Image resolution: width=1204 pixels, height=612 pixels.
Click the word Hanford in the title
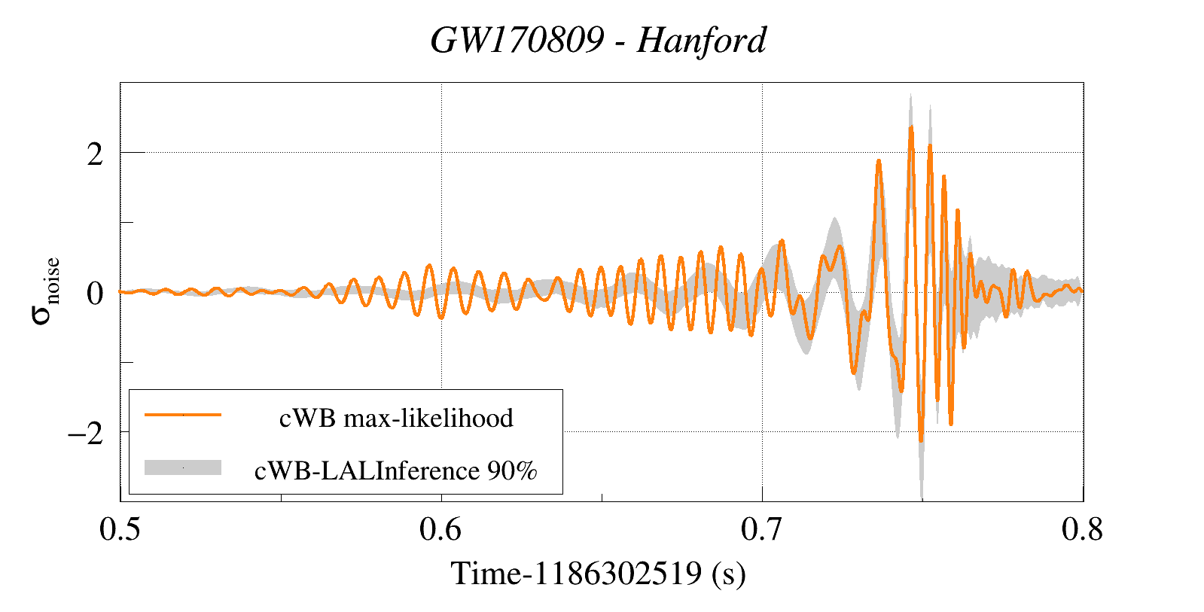coord(701,41)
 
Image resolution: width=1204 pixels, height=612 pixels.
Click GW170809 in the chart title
coord(517,41)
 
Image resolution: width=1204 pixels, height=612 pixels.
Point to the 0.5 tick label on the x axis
coord(120,530)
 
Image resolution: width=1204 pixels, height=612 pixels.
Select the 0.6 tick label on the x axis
coord(441,530)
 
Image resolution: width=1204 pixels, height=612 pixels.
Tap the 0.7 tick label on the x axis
coord(762,530)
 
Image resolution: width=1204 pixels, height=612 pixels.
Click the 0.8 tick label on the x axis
coord(1083,530)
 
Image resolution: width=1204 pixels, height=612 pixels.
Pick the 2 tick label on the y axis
coord(95,154)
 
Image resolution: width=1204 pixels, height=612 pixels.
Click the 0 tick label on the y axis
coord(95,294)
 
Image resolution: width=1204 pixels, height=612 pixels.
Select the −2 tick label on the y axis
coord(85,434)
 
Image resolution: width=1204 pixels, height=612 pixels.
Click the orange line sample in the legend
coord(183,415)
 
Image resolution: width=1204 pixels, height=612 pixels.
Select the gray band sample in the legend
coord(183,467)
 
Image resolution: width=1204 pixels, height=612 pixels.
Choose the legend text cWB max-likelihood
coord(396,418)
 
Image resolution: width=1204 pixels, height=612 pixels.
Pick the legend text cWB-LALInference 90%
coord(396,470)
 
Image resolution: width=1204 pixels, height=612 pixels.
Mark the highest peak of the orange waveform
coord(911,127)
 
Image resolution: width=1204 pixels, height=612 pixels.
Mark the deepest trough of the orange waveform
coord(921,440)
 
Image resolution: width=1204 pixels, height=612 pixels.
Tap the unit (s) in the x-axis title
coord(729,574)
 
